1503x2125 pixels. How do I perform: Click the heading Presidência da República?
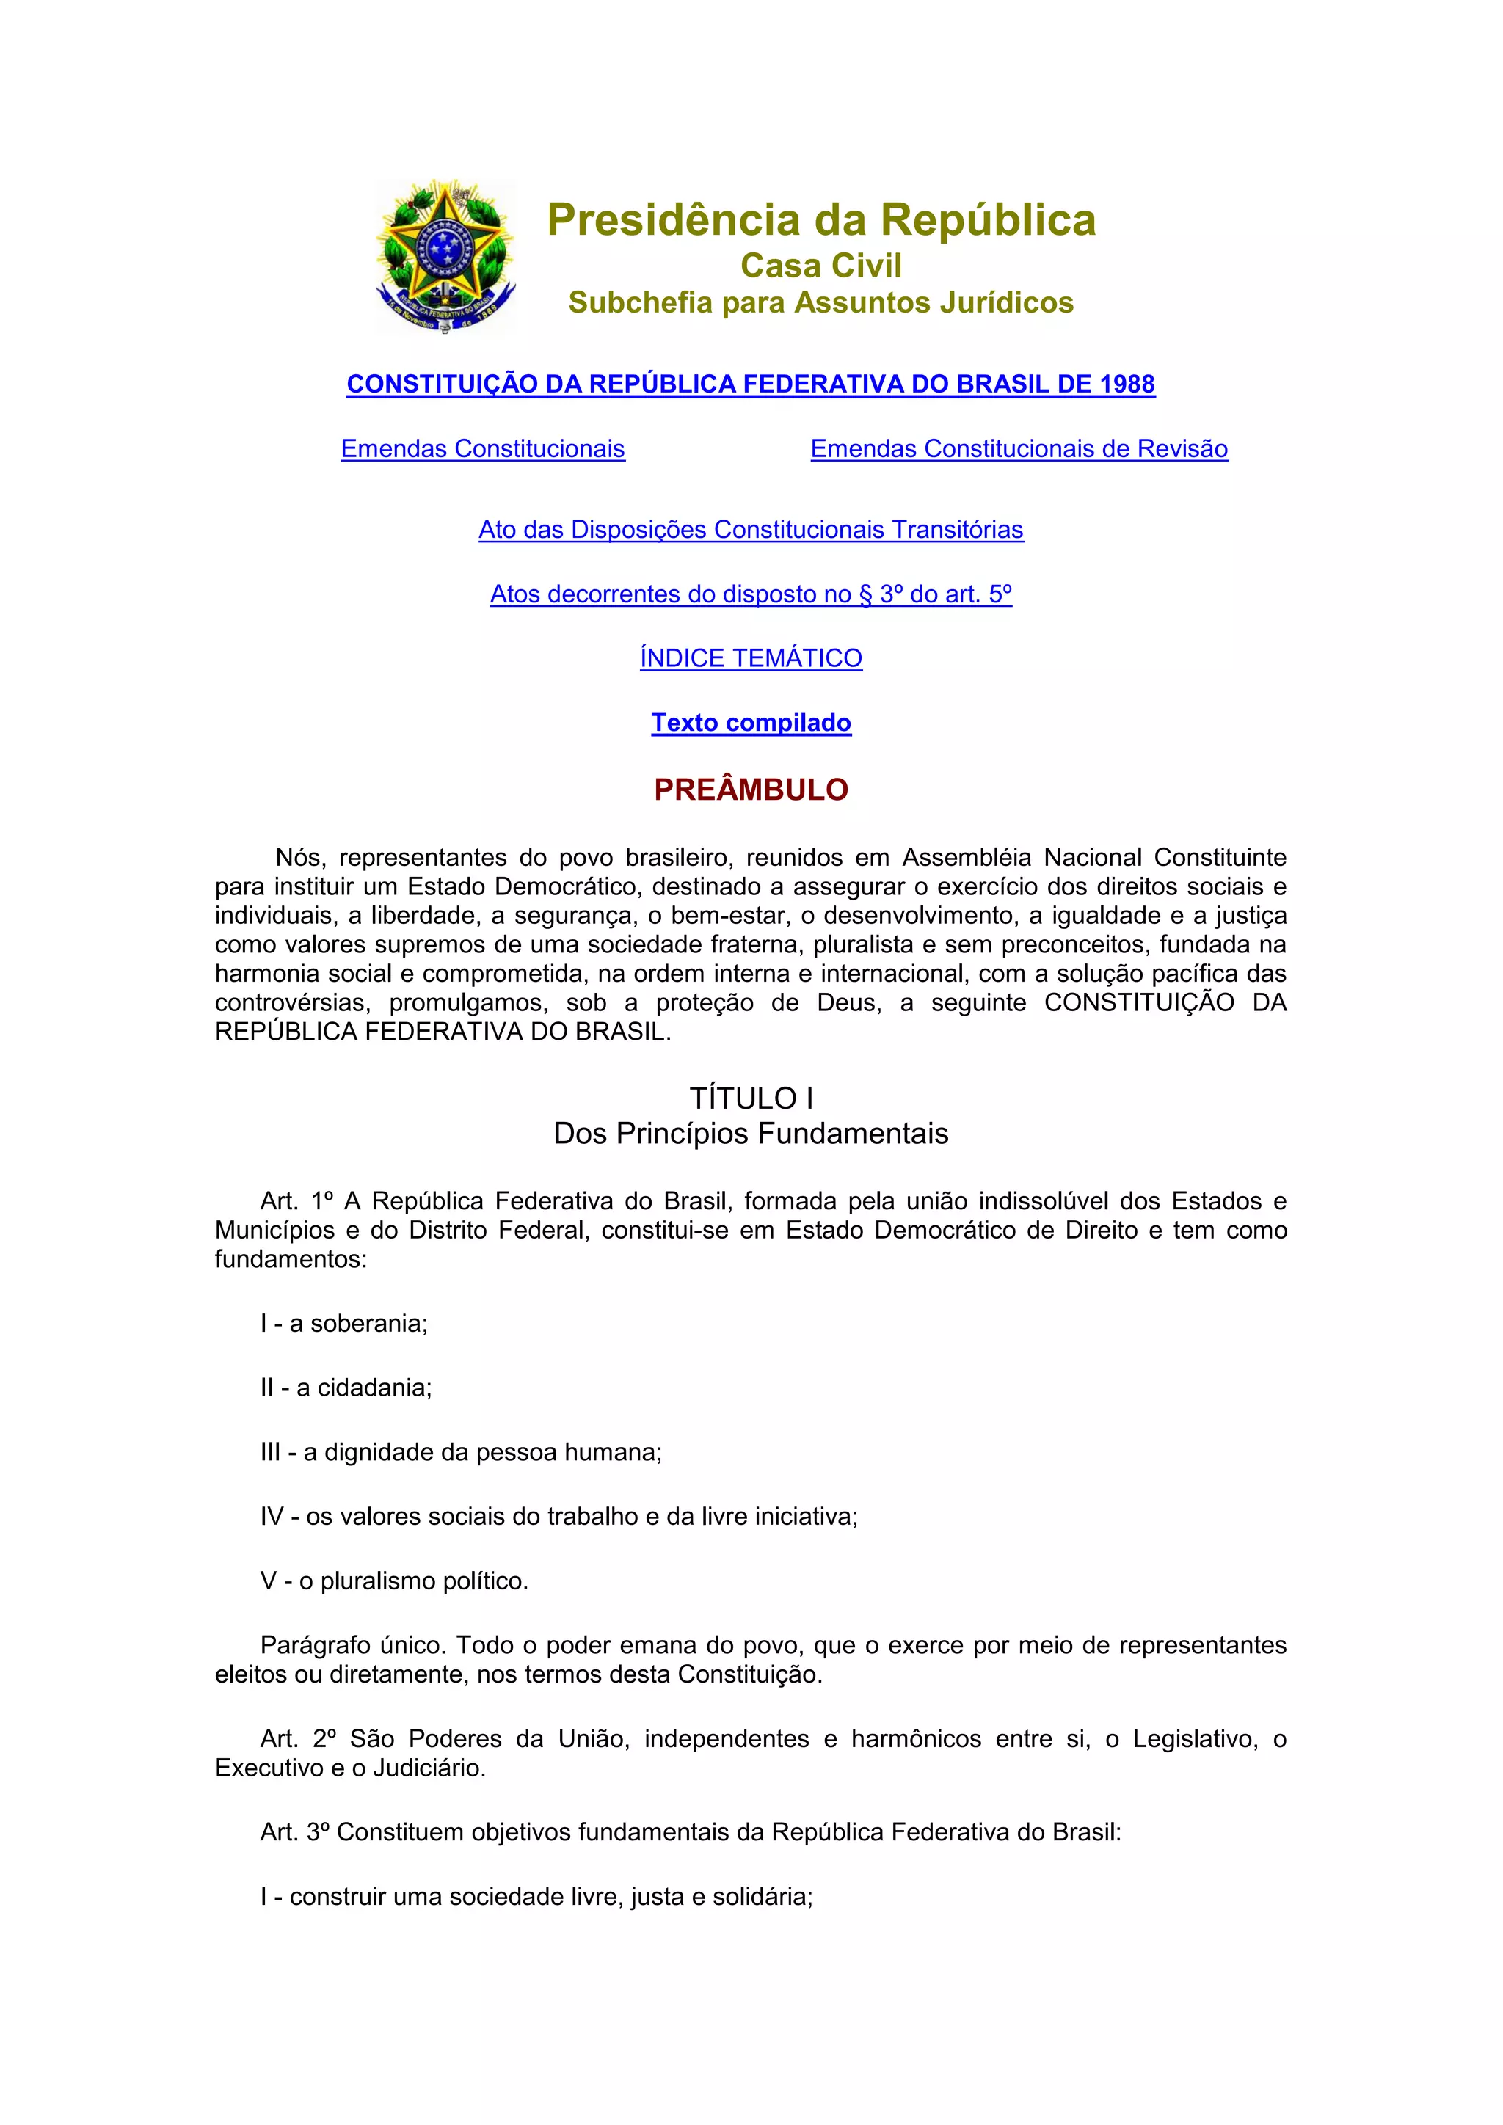[821, 220]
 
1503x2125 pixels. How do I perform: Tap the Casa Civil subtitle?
[821, 266]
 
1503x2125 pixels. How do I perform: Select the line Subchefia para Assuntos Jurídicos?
[821, 302]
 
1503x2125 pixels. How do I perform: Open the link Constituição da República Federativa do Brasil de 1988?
[751, 384]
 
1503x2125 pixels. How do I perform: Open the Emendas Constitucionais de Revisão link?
[1019, 449]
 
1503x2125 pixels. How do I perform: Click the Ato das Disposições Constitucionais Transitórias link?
[751, 529]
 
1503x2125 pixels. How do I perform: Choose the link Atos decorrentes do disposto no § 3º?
[751, 594]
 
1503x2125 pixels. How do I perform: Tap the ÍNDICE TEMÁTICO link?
[751, 658]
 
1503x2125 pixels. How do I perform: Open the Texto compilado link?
[751, 723]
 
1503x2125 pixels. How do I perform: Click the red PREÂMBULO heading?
[751, 790]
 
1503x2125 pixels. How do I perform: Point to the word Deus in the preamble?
[847, 1003]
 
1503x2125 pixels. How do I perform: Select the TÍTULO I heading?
[751, 1098]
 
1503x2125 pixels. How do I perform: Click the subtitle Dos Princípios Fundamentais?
[751, 1134]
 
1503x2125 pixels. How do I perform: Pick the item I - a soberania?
[344, 1324]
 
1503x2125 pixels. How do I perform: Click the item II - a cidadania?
[346, 1388]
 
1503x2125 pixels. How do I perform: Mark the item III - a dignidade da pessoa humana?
[461, 1452]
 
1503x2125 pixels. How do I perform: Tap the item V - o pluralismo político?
[394, 1581]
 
